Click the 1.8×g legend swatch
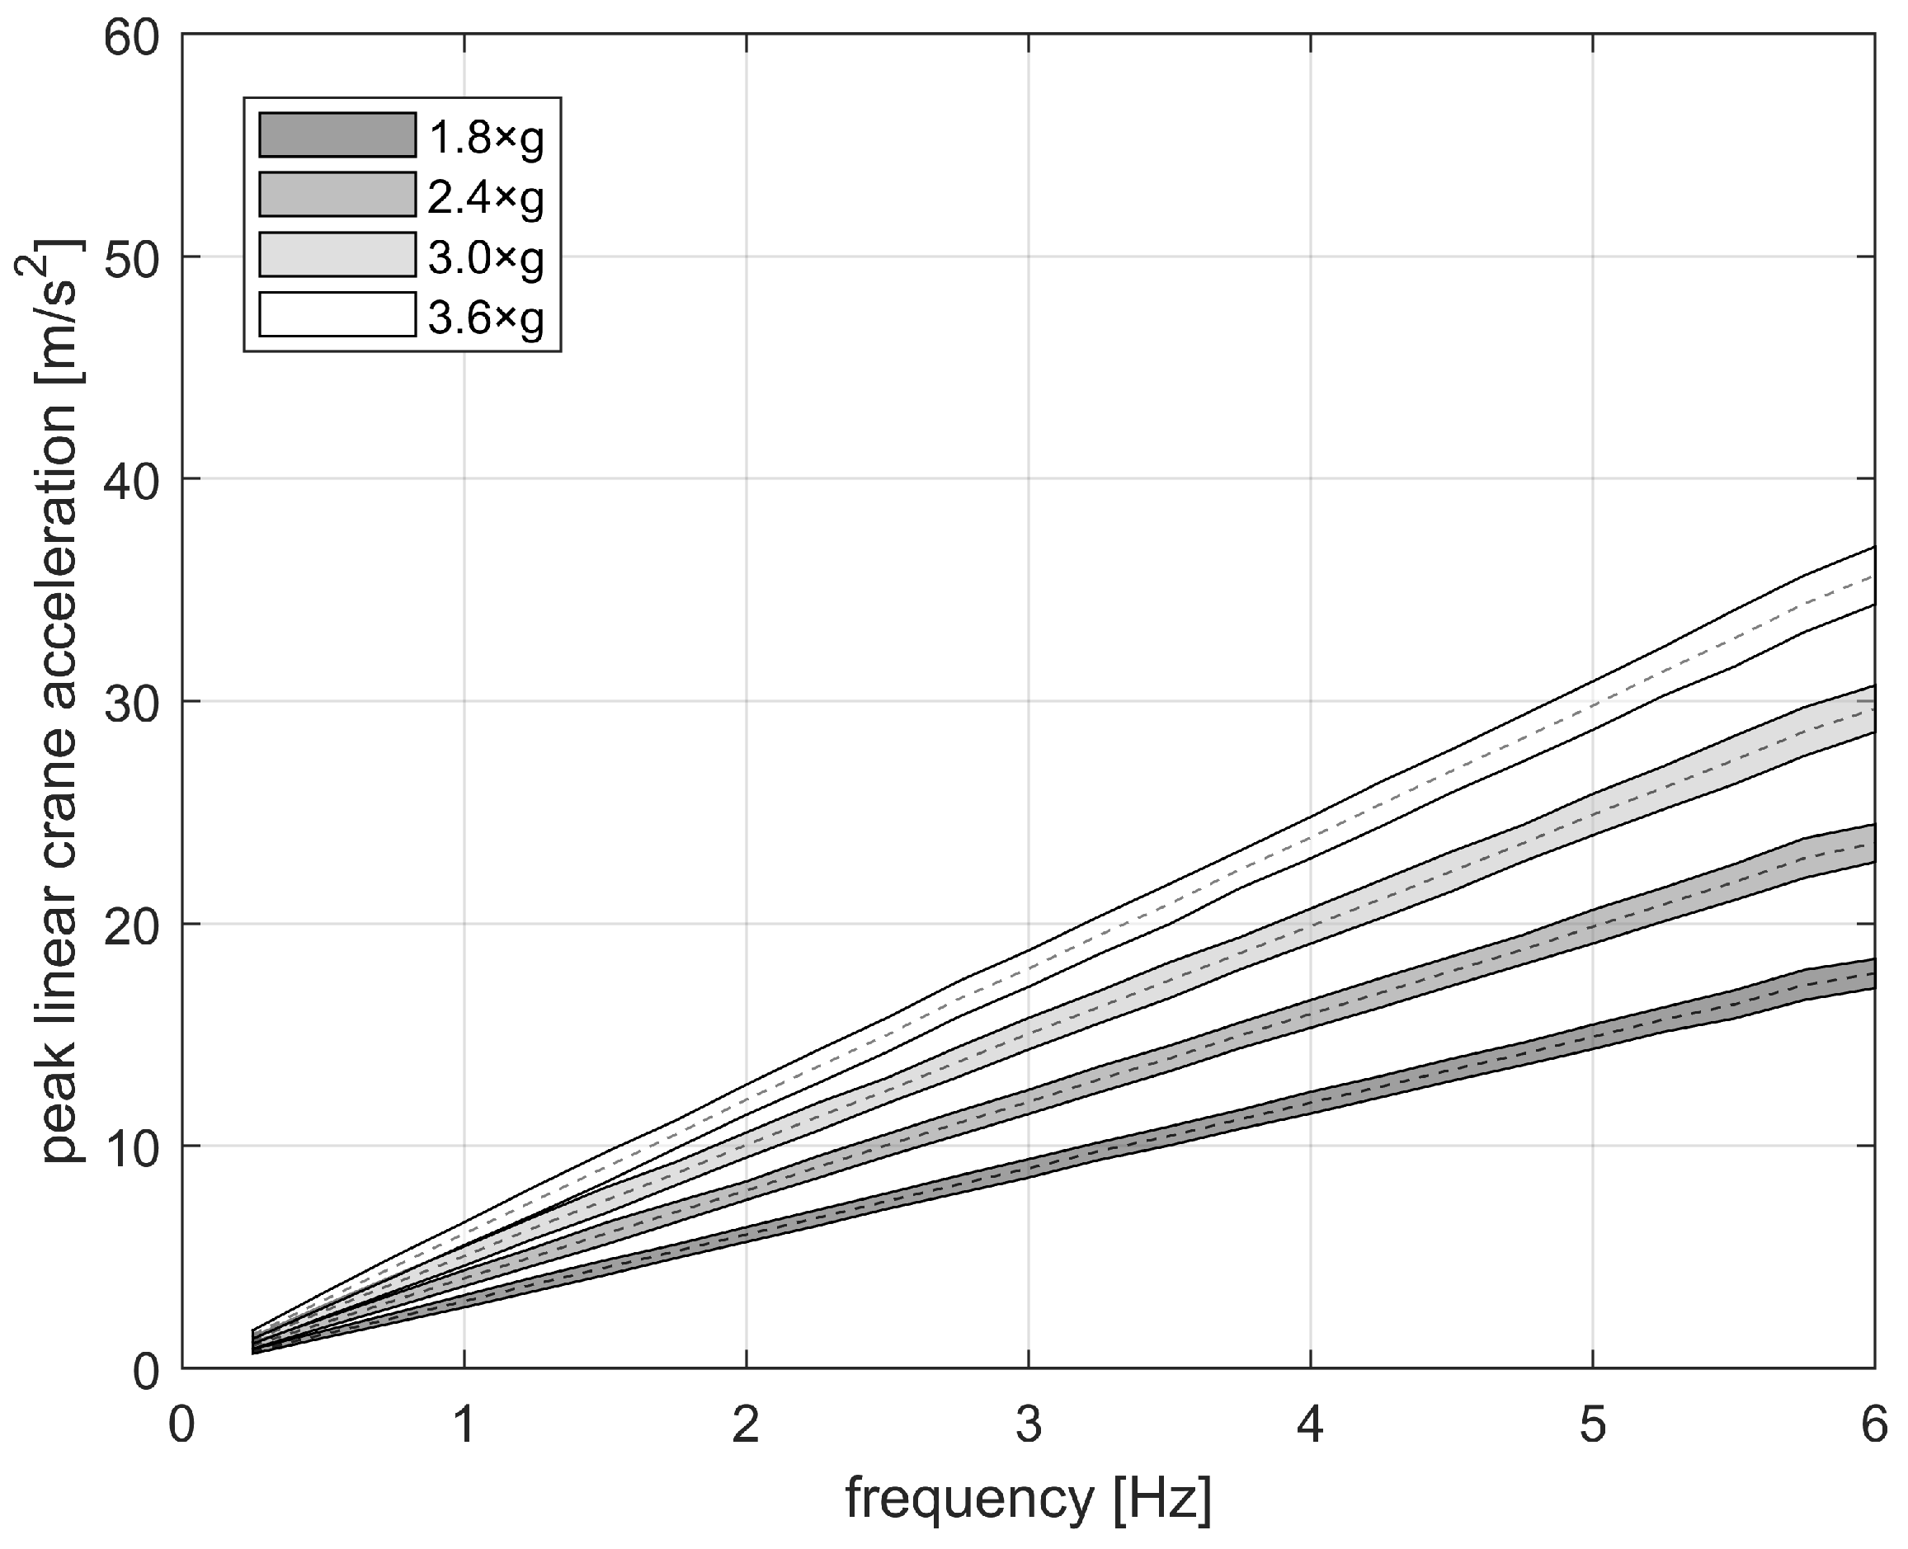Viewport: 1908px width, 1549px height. click(337, 135)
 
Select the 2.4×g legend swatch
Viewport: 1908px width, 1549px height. click(337, 195)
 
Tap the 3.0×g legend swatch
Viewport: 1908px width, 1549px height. click(337, 255)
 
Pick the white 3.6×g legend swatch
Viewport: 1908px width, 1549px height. click(337, 315)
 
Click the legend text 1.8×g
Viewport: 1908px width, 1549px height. click(486, 138)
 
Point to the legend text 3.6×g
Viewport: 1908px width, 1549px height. click(486, 317)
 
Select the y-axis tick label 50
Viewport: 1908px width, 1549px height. click(132, 259)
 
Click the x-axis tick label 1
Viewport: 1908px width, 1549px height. click(464, 1426)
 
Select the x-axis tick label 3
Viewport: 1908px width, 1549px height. click(1028, 1426)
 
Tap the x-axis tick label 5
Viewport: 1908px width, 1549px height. click(1592, 1426)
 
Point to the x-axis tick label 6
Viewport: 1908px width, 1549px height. click(1873, 1426)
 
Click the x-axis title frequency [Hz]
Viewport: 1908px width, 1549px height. click(1028, 1499)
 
